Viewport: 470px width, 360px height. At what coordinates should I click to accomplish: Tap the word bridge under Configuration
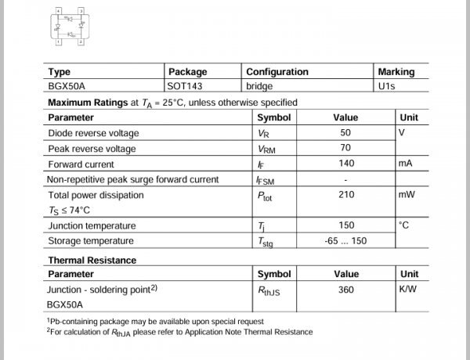[259, 86]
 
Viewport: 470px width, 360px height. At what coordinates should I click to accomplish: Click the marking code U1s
[386, 86]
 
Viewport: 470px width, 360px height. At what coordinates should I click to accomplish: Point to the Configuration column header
[277, 72]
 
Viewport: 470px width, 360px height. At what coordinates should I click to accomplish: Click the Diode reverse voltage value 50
[345, 133]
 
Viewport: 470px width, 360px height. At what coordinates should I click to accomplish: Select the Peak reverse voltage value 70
[345, 149]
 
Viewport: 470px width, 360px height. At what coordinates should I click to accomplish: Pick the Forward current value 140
[345, 164]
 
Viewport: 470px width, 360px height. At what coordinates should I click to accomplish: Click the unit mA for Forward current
[405, 164]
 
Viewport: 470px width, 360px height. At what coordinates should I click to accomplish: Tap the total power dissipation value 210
[345, 195]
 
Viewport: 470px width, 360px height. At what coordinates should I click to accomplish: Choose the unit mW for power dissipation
[406, 195]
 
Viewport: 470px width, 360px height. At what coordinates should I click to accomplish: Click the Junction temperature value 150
[345, 225]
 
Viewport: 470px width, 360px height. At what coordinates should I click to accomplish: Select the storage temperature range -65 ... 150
[345, 241]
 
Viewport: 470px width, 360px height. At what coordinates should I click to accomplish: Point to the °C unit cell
[404, 225]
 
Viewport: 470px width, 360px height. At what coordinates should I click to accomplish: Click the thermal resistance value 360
[345, 290]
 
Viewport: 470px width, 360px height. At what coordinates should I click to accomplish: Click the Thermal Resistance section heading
[92, 261]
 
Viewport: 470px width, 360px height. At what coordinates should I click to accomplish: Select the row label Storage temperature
[91, 241]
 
